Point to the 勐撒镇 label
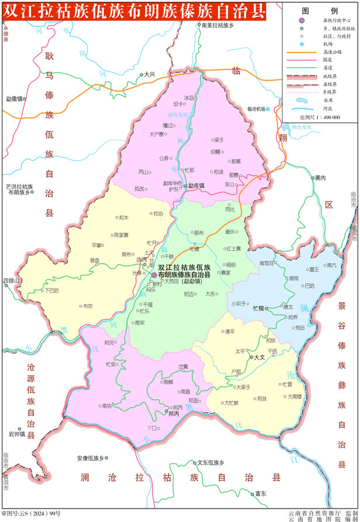pos(14,99)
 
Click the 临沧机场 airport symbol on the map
pos(268,109)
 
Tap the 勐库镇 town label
pos(196,186)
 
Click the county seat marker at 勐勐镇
pos(154,275)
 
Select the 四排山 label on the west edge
pos(11,281)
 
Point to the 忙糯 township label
pos(258,307)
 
